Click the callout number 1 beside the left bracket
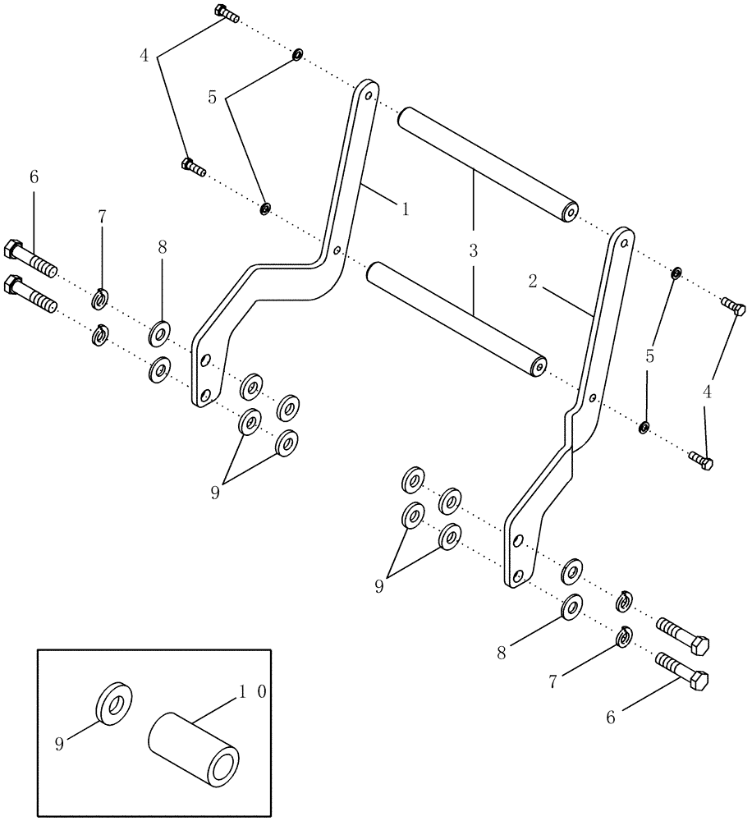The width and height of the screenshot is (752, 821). click(405, 209)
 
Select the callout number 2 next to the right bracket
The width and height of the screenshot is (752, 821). click(533, 282)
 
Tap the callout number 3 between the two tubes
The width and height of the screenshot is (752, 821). click(473, 250)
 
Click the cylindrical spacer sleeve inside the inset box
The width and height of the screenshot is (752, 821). click(194, 748)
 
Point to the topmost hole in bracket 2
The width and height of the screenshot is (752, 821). click(626, 243)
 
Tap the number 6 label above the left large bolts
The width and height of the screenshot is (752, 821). click(34, 177)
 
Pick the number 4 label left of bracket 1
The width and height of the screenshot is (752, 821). click(144, 56)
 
